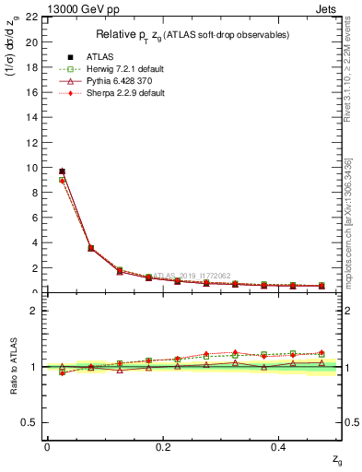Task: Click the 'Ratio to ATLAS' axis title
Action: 12,367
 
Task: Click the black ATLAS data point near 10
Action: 62,171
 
